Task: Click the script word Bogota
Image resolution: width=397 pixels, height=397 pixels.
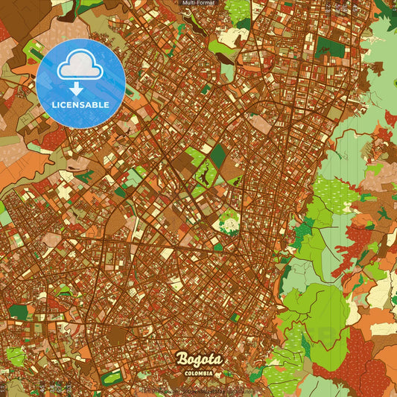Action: point(198,360)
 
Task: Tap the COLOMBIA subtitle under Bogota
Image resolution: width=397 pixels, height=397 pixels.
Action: point(199,372)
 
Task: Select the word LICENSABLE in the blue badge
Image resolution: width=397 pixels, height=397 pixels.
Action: point(80,104)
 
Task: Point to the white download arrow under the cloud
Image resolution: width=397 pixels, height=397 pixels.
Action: point(76,89)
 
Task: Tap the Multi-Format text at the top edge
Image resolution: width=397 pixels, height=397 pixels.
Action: point(198,4)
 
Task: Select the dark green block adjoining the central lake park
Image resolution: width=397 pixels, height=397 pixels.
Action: point(218,155)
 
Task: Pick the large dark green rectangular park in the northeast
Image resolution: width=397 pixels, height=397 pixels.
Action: point(328,47)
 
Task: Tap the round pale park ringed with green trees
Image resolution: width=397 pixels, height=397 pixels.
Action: point(229,221)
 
